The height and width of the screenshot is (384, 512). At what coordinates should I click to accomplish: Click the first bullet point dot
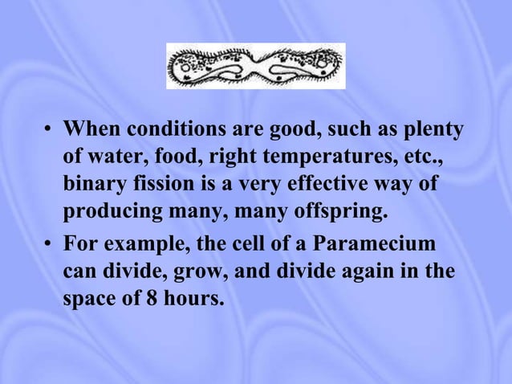click(49, 129)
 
